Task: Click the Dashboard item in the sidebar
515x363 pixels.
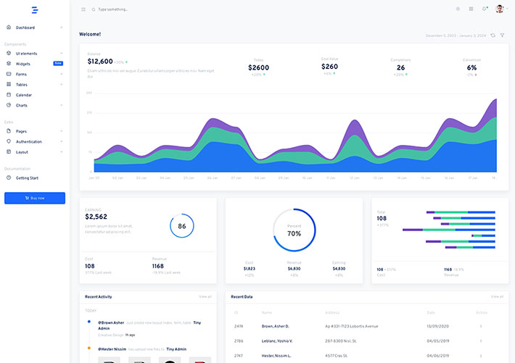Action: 25,28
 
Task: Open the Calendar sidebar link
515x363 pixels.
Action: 24,95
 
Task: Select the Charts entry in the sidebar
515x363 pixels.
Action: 22,105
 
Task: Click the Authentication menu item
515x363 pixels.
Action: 29,142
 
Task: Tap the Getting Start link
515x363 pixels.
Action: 27,178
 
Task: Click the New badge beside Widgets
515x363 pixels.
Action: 58,64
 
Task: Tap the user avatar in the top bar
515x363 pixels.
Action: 500,9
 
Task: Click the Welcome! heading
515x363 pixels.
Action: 90,34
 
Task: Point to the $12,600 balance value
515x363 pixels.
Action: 100,62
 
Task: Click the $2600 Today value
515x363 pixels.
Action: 258,67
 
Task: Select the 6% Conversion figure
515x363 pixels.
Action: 471,67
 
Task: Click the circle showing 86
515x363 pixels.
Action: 181,226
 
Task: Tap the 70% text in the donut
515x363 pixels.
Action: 294,234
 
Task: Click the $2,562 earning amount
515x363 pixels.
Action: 96,217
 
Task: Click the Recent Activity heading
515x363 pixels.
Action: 98,296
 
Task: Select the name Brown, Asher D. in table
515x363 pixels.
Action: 276,326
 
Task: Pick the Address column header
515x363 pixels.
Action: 332,312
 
